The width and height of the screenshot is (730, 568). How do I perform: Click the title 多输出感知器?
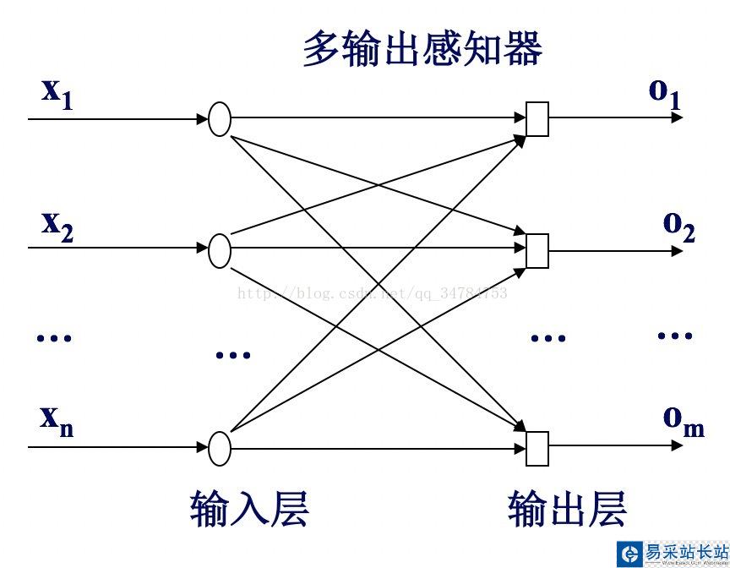pyautogui.click(x=422, y=50)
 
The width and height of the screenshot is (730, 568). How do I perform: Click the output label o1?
pyautogui.click(x=664, y=93)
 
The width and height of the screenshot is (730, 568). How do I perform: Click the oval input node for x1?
pyautogui.click(x=220, y=119)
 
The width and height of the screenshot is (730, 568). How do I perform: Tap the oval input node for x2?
pyautogui.click(x=220, y=250)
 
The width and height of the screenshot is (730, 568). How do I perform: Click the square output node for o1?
pyautogui.click(x=537, y=119)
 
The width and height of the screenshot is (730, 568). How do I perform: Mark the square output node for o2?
pyautogui.click(x=537, y=250)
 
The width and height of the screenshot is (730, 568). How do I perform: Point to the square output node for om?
pyautogui.click(x=537, y=448)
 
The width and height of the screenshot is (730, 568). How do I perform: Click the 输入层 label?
pyautogui.click(x=249, y=508)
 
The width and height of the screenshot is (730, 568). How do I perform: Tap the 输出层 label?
pyautogui.click(x=567, y=508)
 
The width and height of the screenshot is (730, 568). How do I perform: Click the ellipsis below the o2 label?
pyautogui.click(x=675, y=336)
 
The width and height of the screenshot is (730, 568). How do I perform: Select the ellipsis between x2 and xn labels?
pyautogui.click(x=55, y=338)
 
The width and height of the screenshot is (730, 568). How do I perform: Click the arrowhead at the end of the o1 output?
pyautogui.click(x=677, y=117)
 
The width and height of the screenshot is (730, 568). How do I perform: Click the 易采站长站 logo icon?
pyautogui.click(x=630, y=554)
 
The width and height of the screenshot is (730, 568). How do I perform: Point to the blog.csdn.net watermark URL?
pyautogui.click(x=373, y=293)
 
